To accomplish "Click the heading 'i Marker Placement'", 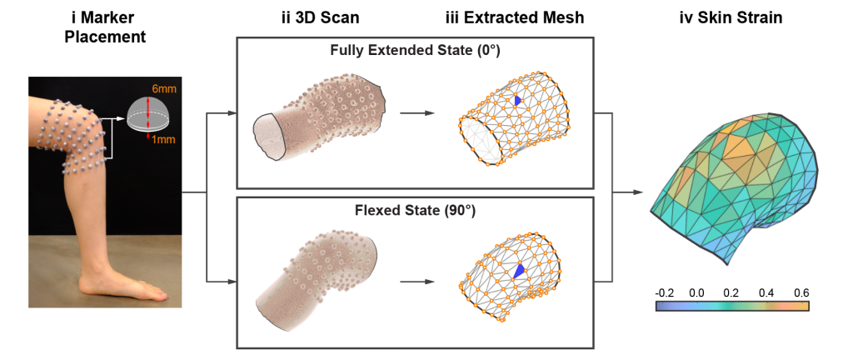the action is coord(104,27).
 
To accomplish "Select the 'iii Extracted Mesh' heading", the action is coord(515,18).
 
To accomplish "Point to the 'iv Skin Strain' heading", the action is coord(731,18).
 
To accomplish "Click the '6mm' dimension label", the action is coord(165,88).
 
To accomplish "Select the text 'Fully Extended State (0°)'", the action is coord(415,52).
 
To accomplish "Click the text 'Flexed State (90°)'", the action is coord(415,211).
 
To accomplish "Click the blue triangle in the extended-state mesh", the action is coord(517,101).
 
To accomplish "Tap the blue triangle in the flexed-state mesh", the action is coord(520,271).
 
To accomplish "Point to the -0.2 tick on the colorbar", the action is coord(664,293).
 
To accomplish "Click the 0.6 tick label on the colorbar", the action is coord(801,293).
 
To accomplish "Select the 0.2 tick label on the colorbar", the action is coord(731,293).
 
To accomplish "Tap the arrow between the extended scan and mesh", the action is coord(417,113).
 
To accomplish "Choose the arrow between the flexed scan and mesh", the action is coord(417,282).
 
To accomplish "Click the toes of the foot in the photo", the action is coord(157,293).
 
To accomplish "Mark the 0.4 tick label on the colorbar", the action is coord(766,293).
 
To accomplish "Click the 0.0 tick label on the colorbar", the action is coord(696,293).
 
